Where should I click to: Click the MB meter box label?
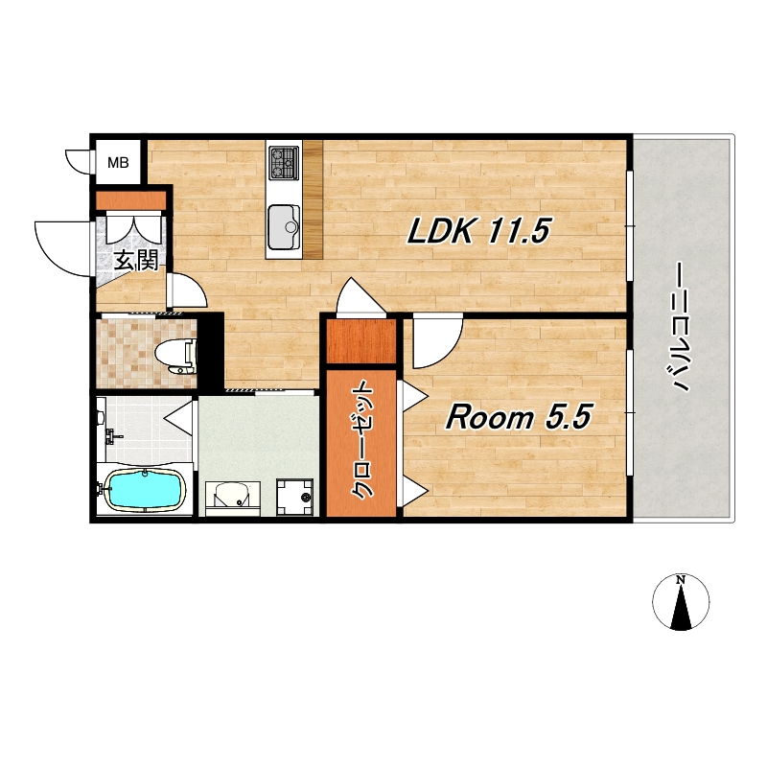click(x=118, y=162)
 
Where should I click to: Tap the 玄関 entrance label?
click(x=136, y=262)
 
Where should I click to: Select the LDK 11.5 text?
click(x=478, y=230)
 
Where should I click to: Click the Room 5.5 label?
click(x=519, y=417)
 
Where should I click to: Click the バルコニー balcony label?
click(x=681, y=327)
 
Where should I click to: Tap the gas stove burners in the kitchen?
click(x=284, y=162)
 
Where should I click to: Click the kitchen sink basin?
click(x=283, y=226)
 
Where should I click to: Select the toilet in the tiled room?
click(x=176, y=353)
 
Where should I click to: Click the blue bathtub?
click(x=147, y=489)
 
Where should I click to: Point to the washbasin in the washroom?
click(x=232, y=496)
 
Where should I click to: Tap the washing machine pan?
click(x=294, y=497)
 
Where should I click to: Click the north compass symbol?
click(x=681, y=602)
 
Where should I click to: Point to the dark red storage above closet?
click(x=361, y=341)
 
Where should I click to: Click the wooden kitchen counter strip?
click(x=314, y=199)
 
